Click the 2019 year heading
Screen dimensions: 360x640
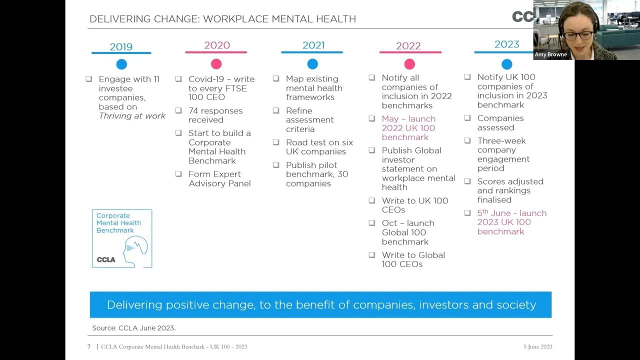coord(121,47)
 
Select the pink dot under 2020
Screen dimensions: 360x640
coord(216,64)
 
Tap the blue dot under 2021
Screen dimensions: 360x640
coord(312,64)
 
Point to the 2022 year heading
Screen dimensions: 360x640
coord(408,46)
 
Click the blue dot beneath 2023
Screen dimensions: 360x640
coord(506,64)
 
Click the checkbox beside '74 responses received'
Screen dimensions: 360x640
coord(178,110)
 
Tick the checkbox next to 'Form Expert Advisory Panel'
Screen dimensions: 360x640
coord(178,174)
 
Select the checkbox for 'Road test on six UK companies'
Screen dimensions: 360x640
coord(276,142)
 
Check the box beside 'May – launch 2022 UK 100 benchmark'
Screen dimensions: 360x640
coord(372,119)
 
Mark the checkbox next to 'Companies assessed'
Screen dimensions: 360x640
coord(467,118)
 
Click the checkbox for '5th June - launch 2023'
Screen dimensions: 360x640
coord(467,213)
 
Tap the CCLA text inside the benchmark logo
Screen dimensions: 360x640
coord(106,259)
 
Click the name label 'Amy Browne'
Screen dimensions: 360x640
coord(550,54)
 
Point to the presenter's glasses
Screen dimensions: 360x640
coord(578,35)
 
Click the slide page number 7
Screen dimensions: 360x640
coord(89,346)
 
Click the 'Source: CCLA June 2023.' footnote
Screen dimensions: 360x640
coord(134,328)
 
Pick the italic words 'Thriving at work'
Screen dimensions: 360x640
coord(132,116)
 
